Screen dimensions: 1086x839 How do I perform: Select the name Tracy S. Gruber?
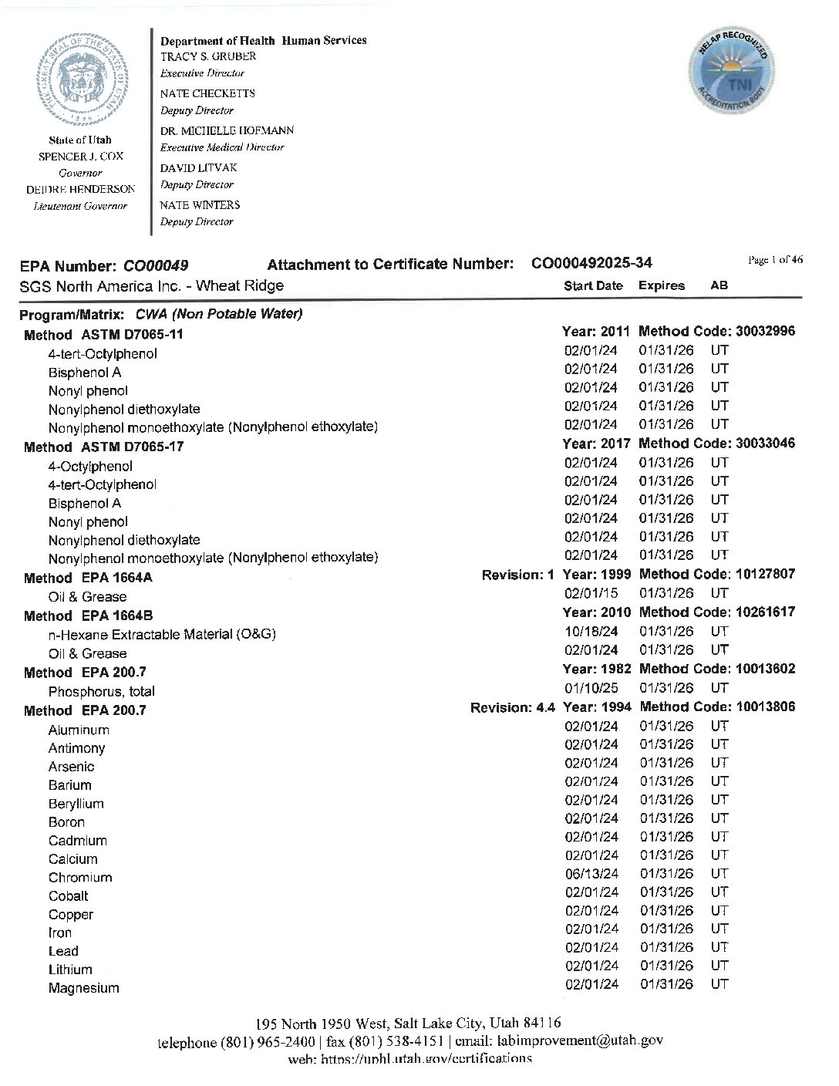208,56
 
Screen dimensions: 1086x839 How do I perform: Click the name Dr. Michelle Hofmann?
227,130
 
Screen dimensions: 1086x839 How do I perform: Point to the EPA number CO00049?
156,266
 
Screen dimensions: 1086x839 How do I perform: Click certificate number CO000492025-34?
591,264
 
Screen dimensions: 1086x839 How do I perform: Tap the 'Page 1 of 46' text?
775,260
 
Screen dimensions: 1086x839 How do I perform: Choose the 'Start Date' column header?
593,285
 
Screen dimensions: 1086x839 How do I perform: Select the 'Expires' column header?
662,285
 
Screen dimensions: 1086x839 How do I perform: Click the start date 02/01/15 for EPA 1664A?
591,593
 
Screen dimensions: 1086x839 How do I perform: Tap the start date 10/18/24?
591,631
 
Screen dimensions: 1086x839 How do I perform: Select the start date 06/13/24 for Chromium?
591,874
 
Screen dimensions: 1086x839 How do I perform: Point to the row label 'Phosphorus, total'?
101,691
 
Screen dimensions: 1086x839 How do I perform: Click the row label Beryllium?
76,804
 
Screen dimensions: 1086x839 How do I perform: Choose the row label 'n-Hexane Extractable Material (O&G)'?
162,634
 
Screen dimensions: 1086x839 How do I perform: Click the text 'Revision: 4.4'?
513,707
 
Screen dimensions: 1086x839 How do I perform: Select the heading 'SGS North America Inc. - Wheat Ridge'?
151,285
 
